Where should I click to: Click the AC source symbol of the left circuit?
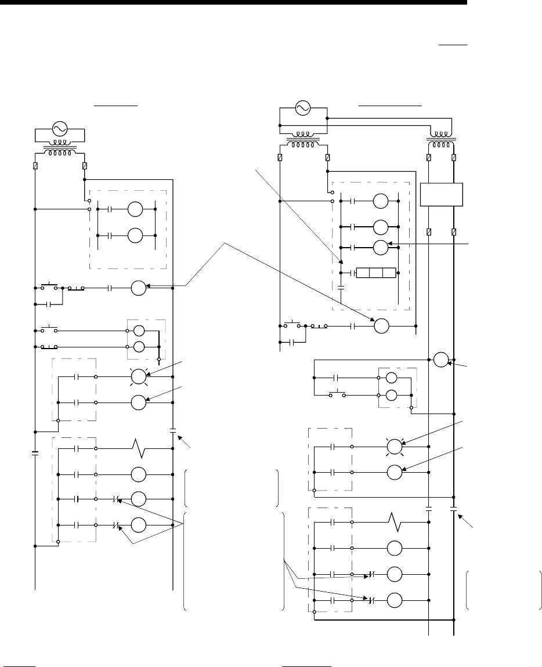(x=60, y=129)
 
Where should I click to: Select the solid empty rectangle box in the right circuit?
(x=441, y=194)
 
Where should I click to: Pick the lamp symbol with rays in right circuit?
(x=395, y=447)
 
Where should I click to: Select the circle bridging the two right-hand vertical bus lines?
(x=440, y=360)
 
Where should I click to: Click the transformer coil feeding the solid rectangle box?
(x=441, y=142)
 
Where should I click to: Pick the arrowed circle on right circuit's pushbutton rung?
(x=381, y=326)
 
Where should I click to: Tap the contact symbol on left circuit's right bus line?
(x=173, y=430)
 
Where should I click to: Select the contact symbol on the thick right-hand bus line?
(x=453, y=510)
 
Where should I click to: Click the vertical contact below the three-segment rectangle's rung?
(x=341, y=287)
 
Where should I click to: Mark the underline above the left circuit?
(x=117, y=106)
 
